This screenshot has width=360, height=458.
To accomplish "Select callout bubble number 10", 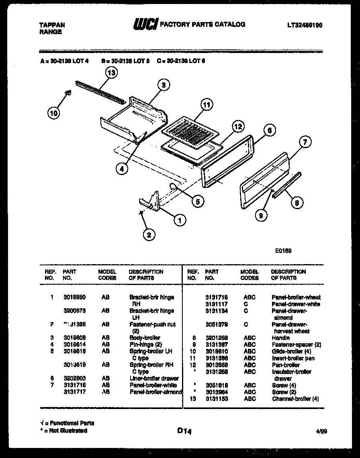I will [x=53, y=113].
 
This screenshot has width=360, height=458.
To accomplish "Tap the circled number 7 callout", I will [x=305, y=141].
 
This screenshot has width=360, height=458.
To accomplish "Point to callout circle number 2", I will [x=149, y=235].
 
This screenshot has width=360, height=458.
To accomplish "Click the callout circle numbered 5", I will [x=197, y=202].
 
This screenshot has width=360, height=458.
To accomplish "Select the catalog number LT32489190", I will [x=305, y=25].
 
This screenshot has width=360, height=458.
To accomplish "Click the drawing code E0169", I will [x=283, y=251].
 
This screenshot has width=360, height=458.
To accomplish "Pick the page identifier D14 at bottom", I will [x=184, y=431].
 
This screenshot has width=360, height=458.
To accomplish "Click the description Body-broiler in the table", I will [x=145, y=338].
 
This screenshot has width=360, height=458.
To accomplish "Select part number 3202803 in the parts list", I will [x=74, y=379].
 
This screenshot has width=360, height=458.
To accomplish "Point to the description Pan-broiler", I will [x=285, y=365].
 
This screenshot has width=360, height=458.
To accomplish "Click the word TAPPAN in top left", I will [x=52, y=25].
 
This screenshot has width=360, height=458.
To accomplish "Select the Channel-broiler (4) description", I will [x=295, y=399].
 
